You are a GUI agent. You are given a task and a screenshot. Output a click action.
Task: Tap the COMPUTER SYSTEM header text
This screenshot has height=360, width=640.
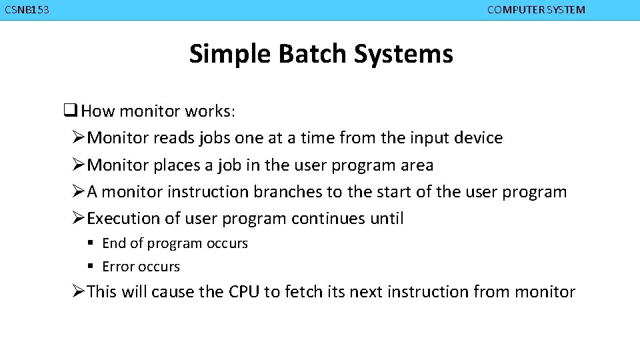click(536, 10)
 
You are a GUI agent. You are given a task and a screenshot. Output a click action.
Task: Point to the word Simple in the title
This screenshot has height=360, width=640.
click(230, 54)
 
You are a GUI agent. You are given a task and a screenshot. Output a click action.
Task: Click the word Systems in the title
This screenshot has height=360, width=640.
click(403, 54)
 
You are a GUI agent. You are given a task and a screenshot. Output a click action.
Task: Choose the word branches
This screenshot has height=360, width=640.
click(288, 192)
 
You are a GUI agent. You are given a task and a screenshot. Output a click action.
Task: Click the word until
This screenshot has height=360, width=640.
click(387, 219)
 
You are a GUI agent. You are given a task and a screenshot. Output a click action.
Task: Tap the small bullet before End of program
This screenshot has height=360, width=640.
click(89, 243)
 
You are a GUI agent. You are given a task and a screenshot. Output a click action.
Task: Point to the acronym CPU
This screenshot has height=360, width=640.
click(245, 292)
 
